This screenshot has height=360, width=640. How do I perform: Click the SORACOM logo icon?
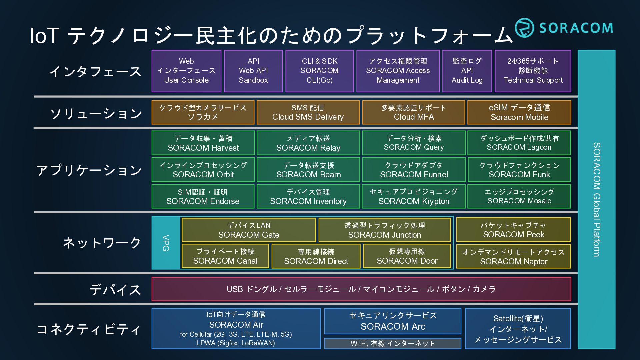[x=524, y=28]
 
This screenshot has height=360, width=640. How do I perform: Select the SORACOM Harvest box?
[x=203, y=143]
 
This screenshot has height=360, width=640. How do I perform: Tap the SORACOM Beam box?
[x=308, y=170]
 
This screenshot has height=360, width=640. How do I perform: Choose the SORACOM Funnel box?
[x=414, y=170]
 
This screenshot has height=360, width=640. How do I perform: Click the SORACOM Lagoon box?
[x=519, y=143]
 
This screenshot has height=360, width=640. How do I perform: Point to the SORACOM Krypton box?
[x=414, y=197]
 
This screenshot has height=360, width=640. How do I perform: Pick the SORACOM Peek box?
[x=513, y=230]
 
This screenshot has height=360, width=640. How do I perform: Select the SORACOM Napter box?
[x=513, y=257]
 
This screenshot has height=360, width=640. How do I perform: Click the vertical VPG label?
[x=166, y=243]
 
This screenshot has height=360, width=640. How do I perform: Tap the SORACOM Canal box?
[x=225, y=256]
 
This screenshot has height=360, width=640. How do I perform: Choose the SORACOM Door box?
[x=407, y=256]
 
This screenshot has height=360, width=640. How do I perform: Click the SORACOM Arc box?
[x=393, y=321]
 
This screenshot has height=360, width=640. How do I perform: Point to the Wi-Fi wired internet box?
[x=393, y=343]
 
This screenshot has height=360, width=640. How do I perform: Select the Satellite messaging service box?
[x=518, y=329]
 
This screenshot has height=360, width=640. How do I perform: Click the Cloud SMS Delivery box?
[x=308, y=113]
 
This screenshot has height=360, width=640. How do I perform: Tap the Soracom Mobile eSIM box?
[x=519, y=113]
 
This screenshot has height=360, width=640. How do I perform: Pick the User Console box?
[x=186, y=71]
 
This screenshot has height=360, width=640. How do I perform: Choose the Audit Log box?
[x=467, y=71]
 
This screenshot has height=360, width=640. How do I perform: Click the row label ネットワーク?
[x=102, y=243]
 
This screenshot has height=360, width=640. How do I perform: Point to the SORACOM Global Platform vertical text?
[x=597, y=199]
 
